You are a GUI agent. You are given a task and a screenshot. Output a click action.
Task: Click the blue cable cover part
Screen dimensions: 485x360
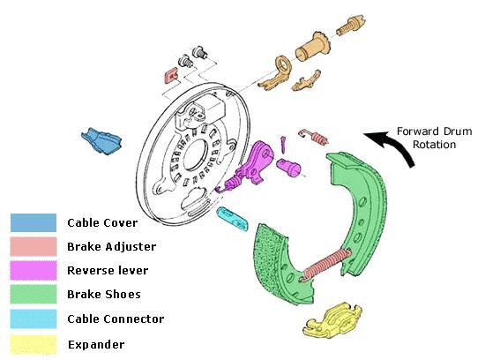(x=101, y=141)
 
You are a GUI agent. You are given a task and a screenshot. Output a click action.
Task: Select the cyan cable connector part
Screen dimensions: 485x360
(x=232, y=219)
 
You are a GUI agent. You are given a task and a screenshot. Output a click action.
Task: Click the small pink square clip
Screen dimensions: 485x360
(x=171, y=76)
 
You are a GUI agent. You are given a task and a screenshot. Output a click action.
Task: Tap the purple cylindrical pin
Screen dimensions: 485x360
(x=288, y=167)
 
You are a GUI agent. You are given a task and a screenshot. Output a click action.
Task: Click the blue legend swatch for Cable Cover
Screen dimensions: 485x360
(x=34, y=222)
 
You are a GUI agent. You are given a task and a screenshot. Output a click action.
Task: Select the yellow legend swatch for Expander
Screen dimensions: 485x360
(x=34, y=344)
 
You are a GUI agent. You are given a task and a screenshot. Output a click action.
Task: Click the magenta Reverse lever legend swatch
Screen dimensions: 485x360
(x=34, y=270)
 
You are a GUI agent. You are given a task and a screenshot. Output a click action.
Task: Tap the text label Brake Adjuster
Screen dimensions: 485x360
(x=112, y=247)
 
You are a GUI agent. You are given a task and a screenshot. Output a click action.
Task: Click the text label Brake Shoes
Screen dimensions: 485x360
(x=104, y=295)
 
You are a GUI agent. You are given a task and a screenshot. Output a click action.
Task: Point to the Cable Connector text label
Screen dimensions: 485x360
(x=116, y=319)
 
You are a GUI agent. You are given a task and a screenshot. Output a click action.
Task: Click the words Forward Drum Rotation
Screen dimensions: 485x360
(x=434, y=138)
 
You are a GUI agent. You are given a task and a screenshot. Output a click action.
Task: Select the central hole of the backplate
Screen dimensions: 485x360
(x=195, y=154)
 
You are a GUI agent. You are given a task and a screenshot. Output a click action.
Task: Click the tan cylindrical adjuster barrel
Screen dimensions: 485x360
(x=312, y=47)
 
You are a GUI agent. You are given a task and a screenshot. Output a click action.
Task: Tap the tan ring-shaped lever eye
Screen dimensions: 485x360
(x=282, y=64)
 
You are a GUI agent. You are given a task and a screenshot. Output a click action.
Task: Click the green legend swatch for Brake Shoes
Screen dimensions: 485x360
(x=34, y=294)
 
